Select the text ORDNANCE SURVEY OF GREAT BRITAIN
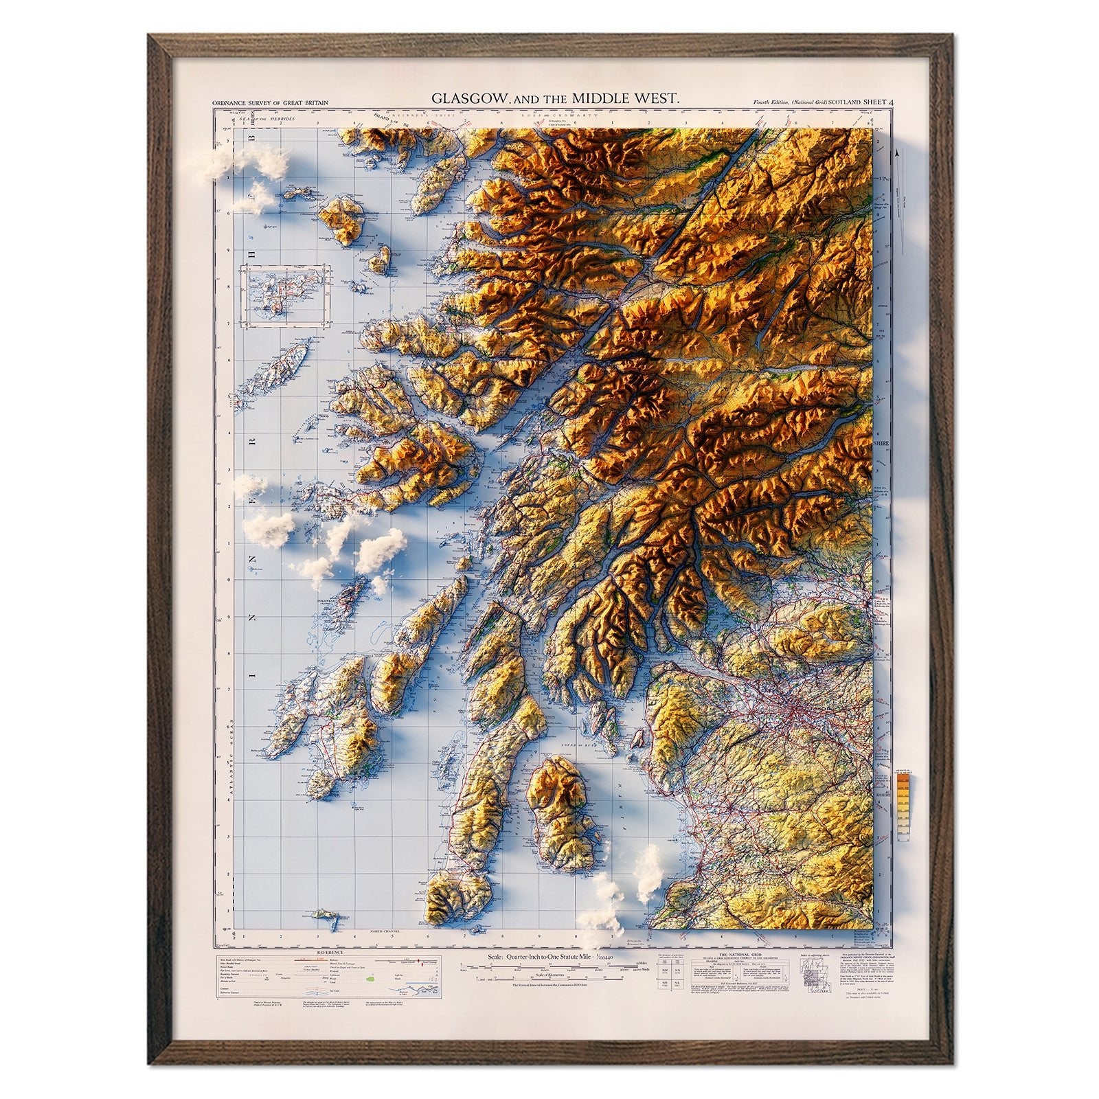271,103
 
